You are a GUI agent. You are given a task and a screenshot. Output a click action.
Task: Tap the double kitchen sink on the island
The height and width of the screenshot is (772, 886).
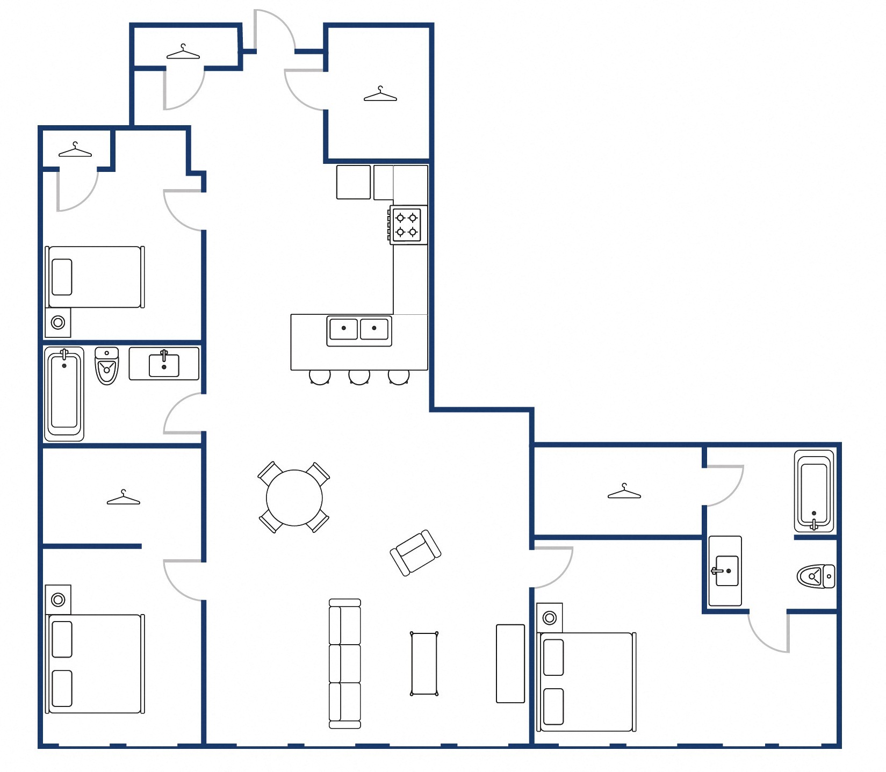[359, 330]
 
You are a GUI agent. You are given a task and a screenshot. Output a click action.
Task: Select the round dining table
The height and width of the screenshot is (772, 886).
[294, 497]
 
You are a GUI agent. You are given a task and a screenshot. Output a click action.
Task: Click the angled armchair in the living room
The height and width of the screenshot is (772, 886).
[415, 553]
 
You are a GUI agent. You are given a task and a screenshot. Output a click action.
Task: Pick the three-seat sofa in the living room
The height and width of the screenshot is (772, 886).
[344, 663]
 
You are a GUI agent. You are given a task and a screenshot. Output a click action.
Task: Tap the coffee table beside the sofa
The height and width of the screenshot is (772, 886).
[424, 663]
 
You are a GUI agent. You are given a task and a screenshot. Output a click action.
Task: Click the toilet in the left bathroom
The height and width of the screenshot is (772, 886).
[107, 366]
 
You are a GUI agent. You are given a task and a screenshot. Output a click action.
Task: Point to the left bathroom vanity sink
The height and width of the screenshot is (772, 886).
[164, 364]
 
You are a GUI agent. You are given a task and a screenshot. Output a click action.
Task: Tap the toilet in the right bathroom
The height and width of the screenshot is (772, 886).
[815, 576]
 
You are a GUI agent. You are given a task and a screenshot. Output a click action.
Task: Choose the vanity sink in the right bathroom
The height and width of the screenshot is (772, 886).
[725, 571]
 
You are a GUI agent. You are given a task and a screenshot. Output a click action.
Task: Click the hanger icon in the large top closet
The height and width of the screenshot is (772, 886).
[380, 95]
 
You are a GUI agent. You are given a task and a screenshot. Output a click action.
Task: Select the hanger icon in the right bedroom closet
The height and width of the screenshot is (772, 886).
[624, 492]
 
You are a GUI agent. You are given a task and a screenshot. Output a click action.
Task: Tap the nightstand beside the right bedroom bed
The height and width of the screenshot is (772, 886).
[549, 618]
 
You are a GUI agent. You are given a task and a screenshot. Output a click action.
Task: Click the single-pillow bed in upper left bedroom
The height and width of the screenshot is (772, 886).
[95, 277]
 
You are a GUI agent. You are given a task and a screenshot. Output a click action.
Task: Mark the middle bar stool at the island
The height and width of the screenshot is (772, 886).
[359, 377]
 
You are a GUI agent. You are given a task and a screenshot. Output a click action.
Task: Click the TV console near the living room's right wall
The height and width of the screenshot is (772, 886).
[510, 663]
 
